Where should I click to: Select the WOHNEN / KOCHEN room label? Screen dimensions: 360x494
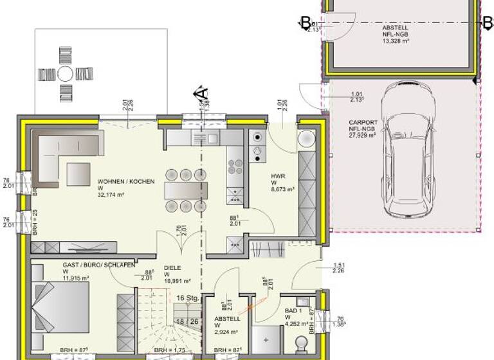[x=126, y=182]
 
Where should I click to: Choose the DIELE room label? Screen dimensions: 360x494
[x=172, y=268]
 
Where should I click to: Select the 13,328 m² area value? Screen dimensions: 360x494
[x=396, y=40]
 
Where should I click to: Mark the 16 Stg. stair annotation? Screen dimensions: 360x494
[x=187, y=298]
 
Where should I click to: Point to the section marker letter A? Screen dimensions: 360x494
[x=201, y=93]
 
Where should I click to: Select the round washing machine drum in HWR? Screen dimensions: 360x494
[x=307, y=139]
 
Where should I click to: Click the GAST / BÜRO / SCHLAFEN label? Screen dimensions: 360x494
[x=98, y=265]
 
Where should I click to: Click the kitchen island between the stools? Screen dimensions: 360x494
[x=186, y=190]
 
